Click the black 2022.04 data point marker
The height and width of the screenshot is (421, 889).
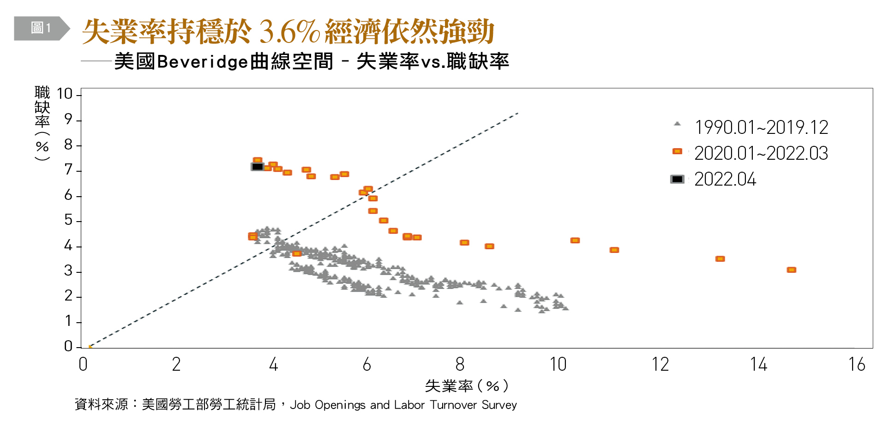[258, 167]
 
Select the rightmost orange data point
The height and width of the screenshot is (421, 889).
[791, 270]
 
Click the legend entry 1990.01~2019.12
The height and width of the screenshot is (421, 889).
[761, 127]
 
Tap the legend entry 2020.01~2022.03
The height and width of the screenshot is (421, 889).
[761, 153]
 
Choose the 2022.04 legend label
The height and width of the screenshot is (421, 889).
[725, 179]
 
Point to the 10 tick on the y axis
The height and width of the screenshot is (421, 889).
[65, 94]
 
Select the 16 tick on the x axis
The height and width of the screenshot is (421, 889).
[857, 365]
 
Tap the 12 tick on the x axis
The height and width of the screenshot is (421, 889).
[660, 365]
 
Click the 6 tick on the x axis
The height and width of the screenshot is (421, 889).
[367, 365]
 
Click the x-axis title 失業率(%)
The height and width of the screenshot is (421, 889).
[466, 385]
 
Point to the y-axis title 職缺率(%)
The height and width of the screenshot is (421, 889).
[42, 123]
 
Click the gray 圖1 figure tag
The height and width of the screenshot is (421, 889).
[41, 28]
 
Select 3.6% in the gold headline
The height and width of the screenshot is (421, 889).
[289, 31]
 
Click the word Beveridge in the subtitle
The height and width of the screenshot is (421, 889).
[203, 61]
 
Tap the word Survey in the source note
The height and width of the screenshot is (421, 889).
[499, 405]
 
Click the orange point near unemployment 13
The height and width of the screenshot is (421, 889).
[720, 259]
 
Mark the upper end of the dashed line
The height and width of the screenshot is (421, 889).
[517, 113]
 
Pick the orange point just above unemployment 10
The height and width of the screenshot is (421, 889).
[575, 241]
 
